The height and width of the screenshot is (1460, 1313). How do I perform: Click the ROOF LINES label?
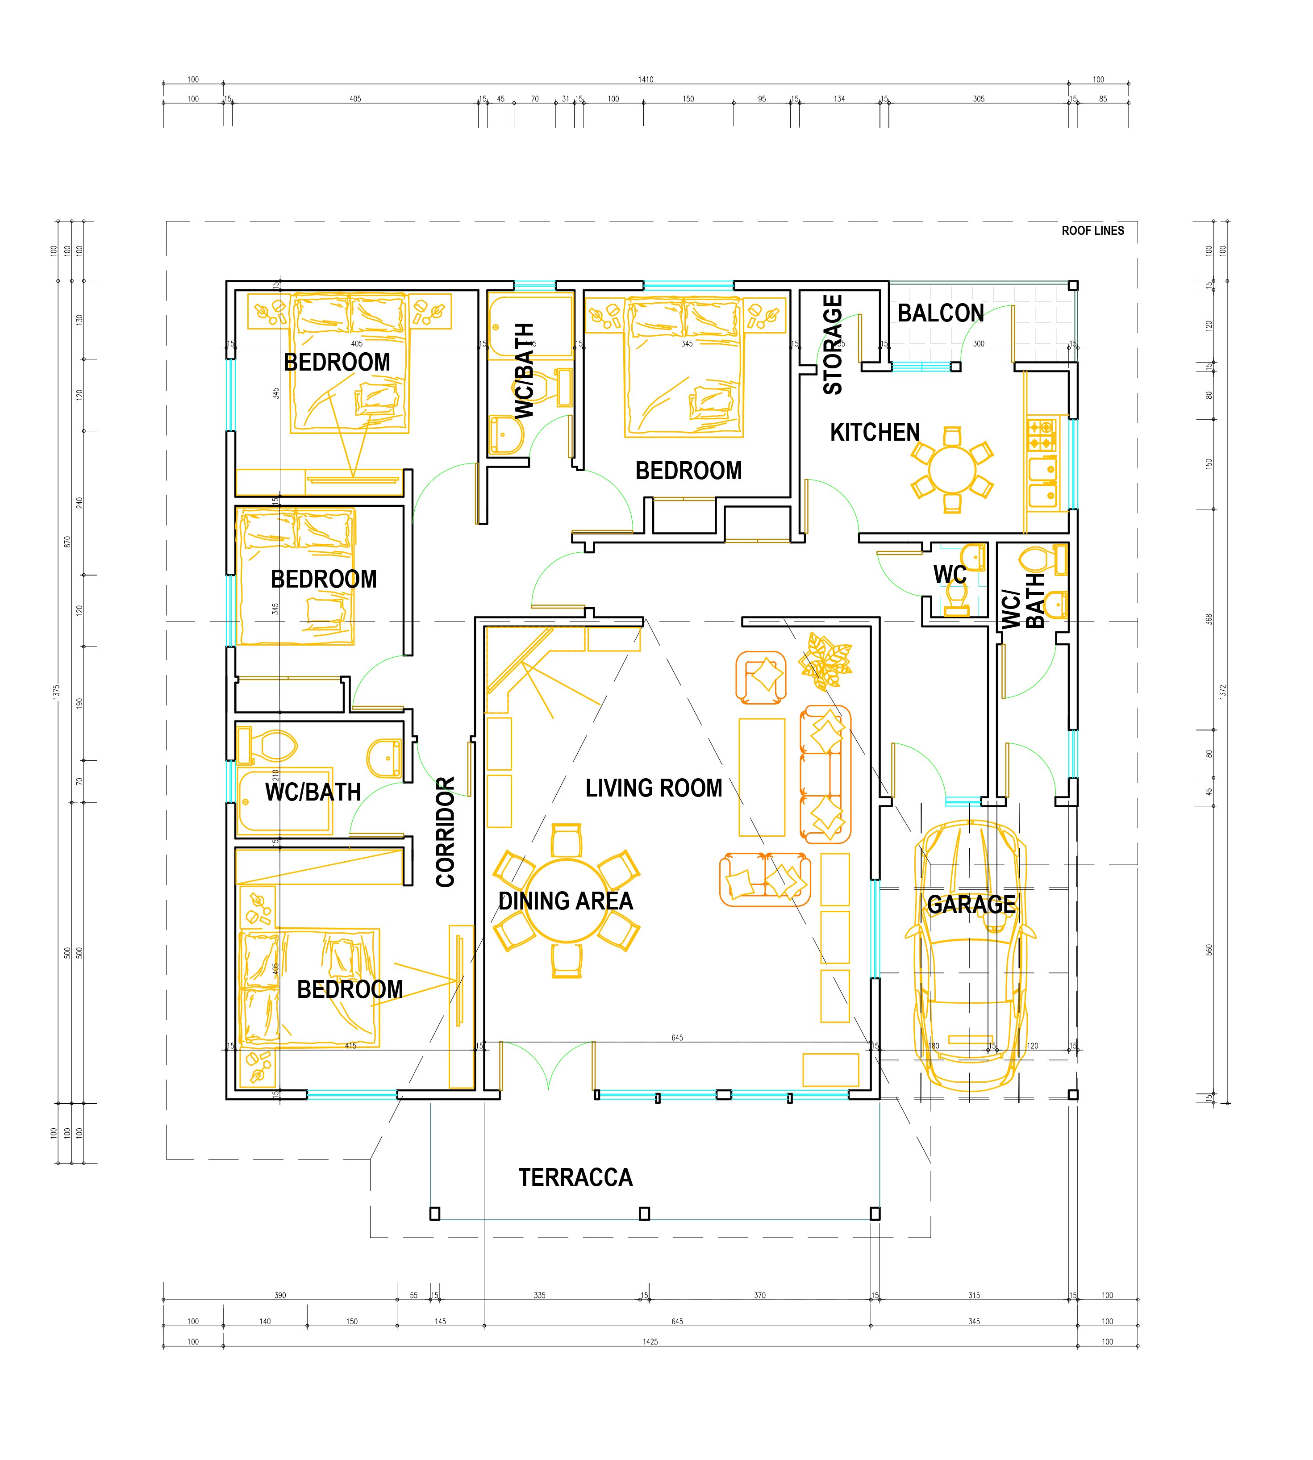point(1092,231)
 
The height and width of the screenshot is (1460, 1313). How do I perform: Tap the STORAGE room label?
point(833,345)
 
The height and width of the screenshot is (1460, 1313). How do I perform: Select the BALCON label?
point(940,313)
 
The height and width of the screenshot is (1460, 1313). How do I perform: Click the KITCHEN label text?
point(875,432)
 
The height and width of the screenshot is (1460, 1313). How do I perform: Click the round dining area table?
point(567,900)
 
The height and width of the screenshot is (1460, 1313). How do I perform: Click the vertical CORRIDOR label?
point(445,831)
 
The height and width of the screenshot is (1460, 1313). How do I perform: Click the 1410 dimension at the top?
point(645,79)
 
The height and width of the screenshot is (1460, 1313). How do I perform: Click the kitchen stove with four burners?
point(1041,435)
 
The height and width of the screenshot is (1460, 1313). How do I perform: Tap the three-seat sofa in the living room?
point(825,774)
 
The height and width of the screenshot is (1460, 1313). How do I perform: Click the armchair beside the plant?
point(760,676)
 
